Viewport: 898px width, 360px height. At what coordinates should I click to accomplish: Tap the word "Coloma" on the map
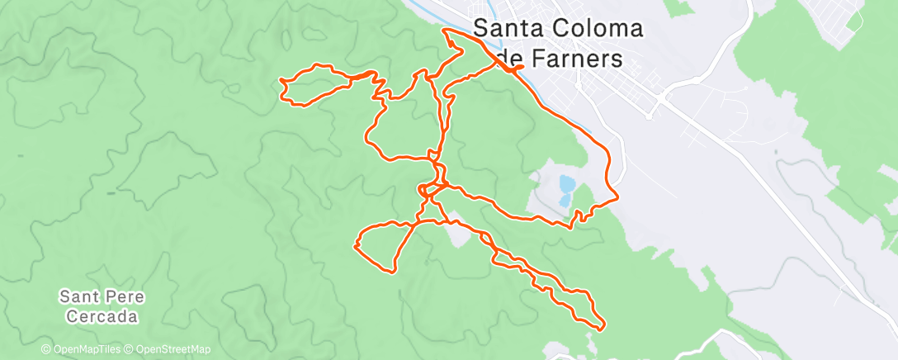593,30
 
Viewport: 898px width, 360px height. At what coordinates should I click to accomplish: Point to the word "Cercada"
99,316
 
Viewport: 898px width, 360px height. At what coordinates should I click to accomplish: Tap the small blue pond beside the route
565,188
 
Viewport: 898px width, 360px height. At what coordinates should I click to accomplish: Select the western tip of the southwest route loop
355,244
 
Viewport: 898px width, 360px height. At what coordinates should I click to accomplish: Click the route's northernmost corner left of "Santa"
447,30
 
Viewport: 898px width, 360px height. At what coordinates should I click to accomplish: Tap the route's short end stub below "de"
522,66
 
